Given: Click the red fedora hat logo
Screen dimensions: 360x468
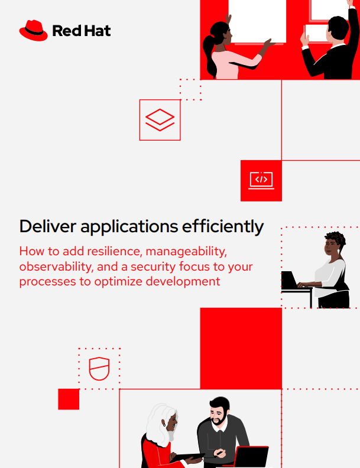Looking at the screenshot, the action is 34,31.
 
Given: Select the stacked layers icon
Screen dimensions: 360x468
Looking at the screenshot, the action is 160,120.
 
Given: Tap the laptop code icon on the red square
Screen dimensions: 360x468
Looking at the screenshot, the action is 261,180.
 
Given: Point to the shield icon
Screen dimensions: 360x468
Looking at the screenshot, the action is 99,369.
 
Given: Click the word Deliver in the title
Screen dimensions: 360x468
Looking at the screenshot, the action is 48,226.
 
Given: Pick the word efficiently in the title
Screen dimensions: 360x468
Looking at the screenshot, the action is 223,227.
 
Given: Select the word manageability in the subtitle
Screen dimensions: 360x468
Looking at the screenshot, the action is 186,252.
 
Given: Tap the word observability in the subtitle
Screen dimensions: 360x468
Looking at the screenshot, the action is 56,266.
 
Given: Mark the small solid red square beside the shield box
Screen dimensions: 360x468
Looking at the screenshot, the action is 69,399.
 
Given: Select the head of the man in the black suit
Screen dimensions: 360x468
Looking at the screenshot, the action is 338,29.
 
